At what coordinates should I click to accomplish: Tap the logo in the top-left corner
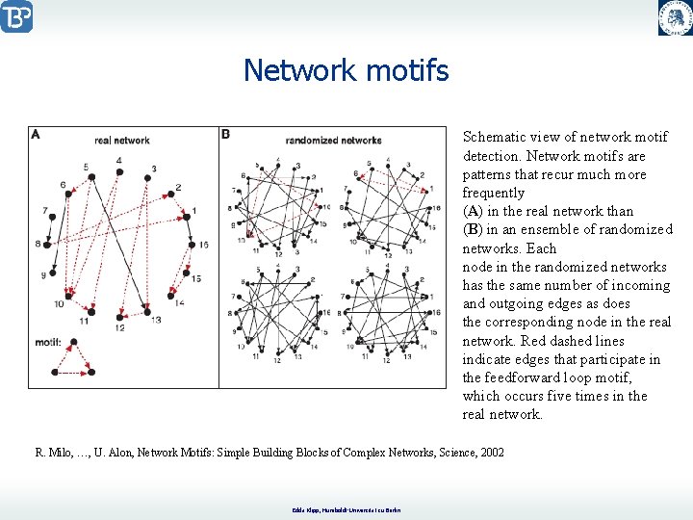point(17,16)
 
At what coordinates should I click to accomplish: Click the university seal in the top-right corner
point(675,17)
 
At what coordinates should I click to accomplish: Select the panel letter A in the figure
point(36,135)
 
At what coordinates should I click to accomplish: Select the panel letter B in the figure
point(225,135)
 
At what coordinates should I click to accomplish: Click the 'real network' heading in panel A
point(122,141)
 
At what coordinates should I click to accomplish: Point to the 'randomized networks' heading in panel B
point(334,141)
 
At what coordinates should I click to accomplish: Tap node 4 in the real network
point(120,170)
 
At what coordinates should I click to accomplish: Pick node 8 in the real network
point(50,244)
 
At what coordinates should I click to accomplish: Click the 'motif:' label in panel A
point(47,342)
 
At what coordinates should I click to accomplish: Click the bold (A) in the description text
point(473,211)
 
